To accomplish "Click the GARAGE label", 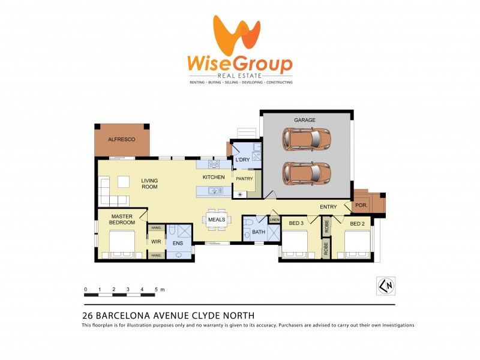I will click(304, 120).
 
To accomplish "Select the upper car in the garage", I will click(307, 141).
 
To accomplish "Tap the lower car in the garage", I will click(307, 173).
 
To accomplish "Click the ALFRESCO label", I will click(121, 139).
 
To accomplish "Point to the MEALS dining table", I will click(216, 220).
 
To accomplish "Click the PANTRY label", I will click(244, 179).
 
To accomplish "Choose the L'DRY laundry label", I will click(242, 160).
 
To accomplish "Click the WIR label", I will click(156, 242).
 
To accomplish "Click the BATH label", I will click(259, 232).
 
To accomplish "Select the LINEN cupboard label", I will click(274, 220).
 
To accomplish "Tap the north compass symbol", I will click(385, 286).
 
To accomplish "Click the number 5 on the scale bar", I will click(156, 289).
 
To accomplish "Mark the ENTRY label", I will click(328, 207).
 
